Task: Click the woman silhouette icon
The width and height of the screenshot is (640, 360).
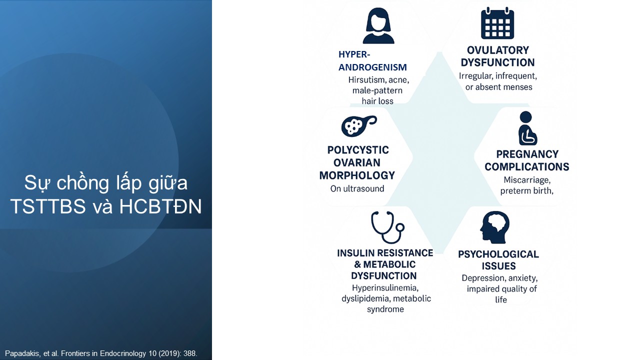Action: point(378,25)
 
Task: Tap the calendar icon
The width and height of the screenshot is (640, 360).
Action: point(497,23)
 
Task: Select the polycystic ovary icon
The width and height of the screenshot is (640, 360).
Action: point(359,125)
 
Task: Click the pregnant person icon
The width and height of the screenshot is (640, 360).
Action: point(527,128)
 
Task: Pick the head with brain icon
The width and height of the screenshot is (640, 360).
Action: point(494,227)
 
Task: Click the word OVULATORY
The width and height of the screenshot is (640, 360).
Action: point(497,50)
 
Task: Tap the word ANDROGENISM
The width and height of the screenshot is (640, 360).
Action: point(372,67)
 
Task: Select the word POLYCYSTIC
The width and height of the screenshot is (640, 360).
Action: point(358,150)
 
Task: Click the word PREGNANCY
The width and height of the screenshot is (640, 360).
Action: point(527,154)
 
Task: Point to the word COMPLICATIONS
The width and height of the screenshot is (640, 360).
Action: point(527,167)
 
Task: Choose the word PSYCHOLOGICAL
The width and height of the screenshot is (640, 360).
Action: point(498,254)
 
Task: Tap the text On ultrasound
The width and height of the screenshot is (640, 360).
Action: point(357,188)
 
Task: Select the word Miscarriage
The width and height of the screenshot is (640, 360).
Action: point(527,180)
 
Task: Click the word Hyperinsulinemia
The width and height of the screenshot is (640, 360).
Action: point(385,287)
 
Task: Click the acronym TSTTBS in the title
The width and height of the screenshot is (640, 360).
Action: point(48,206)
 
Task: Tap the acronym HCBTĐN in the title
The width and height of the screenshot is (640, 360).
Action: point(160,206)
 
